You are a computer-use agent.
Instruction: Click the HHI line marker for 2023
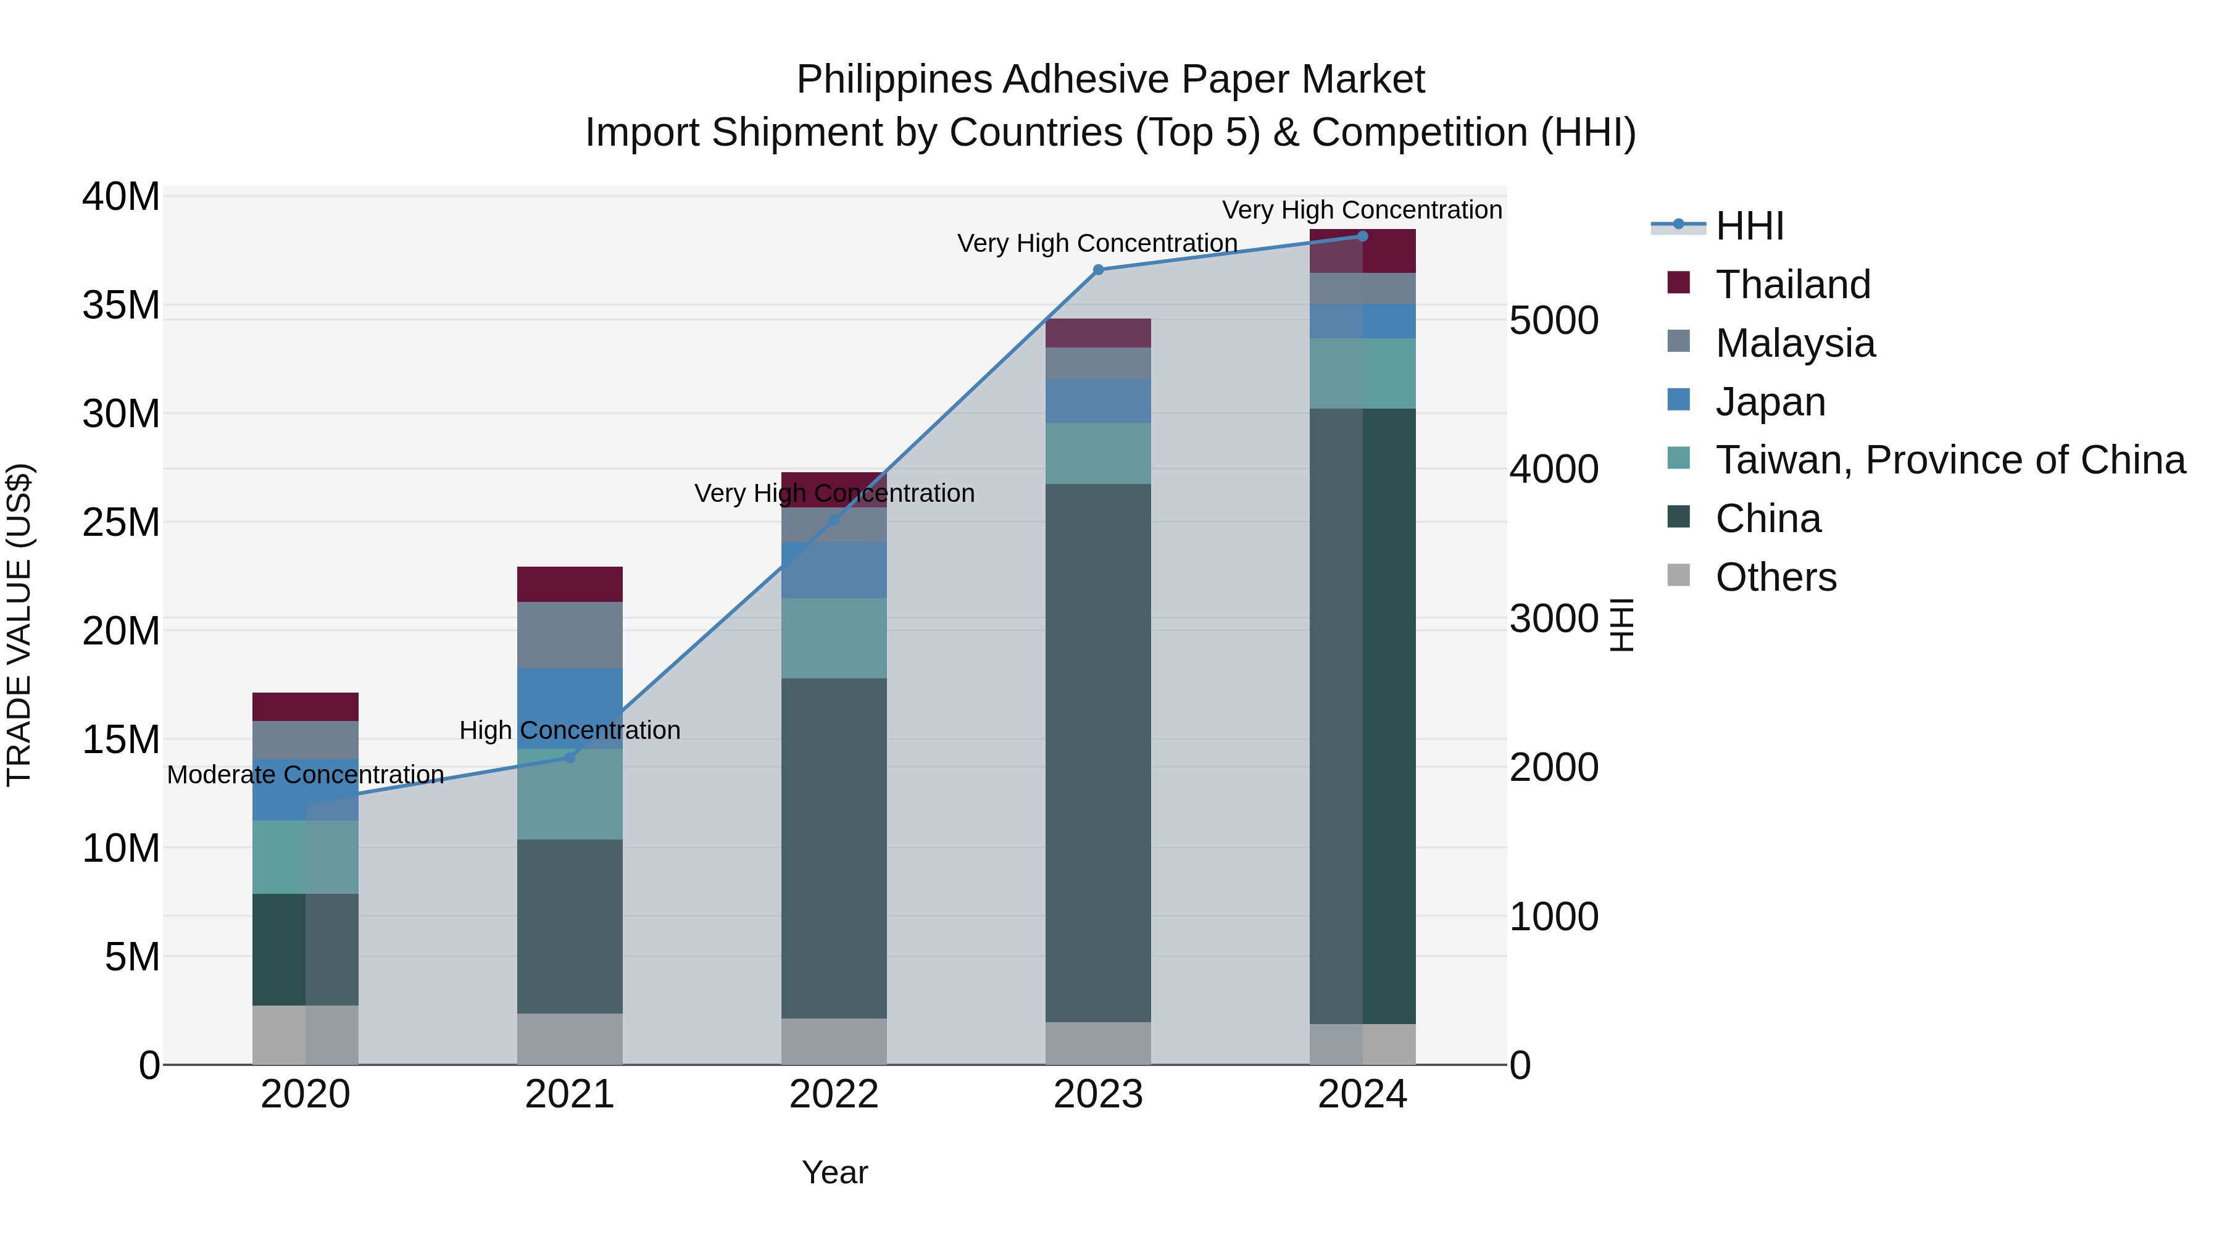click(1098, 270)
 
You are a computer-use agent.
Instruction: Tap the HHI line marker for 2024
click(1363, 236)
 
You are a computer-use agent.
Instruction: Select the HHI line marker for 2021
click(569, 757)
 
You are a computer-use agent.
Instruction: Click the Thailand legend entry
click(1792, 285)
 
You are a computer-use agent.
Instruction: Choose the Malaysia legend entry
click(1795, 343)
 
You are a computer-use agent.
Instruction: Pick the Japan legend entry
click(1770, 402)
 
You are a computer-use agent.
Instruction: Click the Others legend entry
click(1775, 577)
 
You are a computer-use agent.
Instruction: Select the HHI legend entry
click(1749, 226)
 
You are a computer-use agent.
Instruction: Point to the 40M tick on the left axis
click(121, 197)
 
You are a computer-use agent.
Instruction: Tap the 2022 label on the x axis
click(833, 1094)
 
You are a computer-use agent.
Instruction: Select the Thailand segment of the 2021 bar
click(569, 584)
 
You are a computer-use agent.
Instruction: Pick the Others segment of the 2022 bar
click(833, 1041)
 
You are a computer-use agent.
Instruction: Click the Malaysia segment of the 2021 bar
click(569, 635)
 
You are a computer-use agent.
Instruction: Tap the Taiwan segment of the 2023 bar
click(1098, 453)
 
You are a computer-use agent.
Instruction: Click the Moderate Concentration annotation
click(306, 775)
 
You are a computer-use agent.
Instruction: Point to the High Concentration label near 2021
click(569, 731)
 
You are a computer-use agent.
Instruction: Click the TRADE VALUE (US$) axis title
click(19, 625)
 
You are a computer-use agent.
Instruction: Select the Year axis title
click(834, 1172)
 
